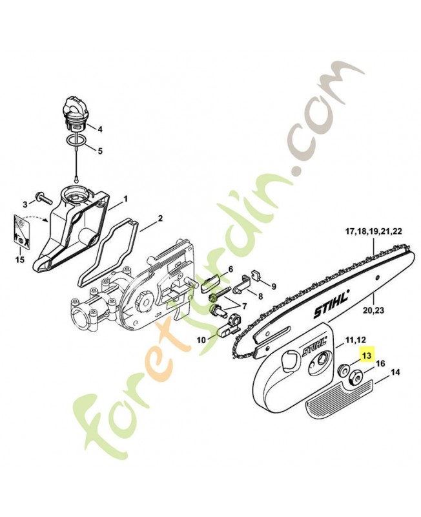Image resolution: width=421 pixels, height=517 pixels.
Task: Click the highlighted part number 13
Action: (367, 355)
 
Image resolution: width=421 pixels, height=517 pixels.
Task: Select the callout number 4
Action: (99, 129)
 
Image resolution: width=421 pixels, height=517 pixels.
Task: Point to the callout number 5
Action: (99, 151)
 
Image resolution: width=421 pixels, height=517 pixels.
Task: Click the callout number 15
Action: (20, 260)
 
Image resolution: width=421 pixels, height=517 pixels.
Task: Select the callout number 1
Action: (125, 198)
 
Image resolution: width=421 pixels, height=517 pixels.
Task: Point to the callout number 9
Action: (273, 286)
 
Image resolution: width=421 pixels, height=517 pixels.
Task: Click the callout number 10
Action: (200, 339)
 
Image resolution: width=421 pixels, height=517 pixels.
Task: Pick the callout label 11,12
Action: (356, 339)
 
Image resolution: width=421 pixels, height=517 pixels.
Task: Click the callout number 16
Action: (380, 364)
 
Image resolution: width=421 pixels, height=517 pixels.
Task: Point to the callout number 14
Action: (395, 373)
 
